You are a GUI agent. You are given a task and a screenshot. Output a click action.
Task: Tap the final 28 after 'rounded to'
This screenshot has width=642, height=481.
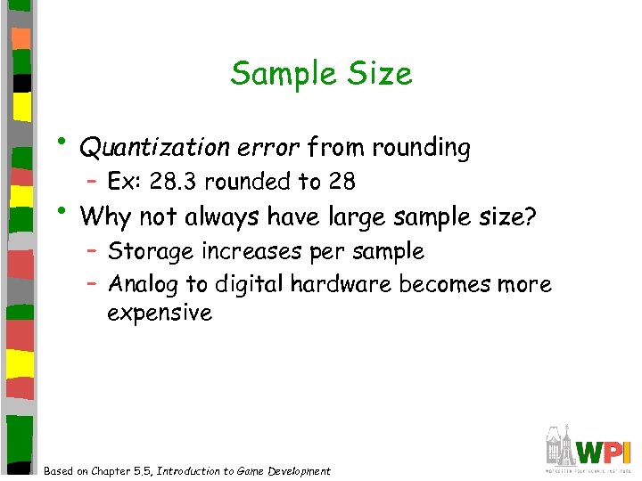[342, 183]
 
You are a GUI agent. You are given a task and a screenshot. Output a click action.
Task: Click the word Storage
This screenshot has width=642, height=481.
[151, 252]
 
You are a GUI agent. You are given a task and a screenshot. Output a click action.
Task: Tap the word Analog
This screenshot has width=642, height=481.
[143, 284]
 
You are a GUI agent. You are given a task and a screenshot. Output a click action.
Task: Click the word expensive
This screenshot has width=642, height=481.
[160, 314]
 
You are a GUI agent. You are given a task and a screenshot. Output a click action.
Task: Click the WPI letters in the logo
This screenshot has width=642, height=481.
[605, 451]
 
